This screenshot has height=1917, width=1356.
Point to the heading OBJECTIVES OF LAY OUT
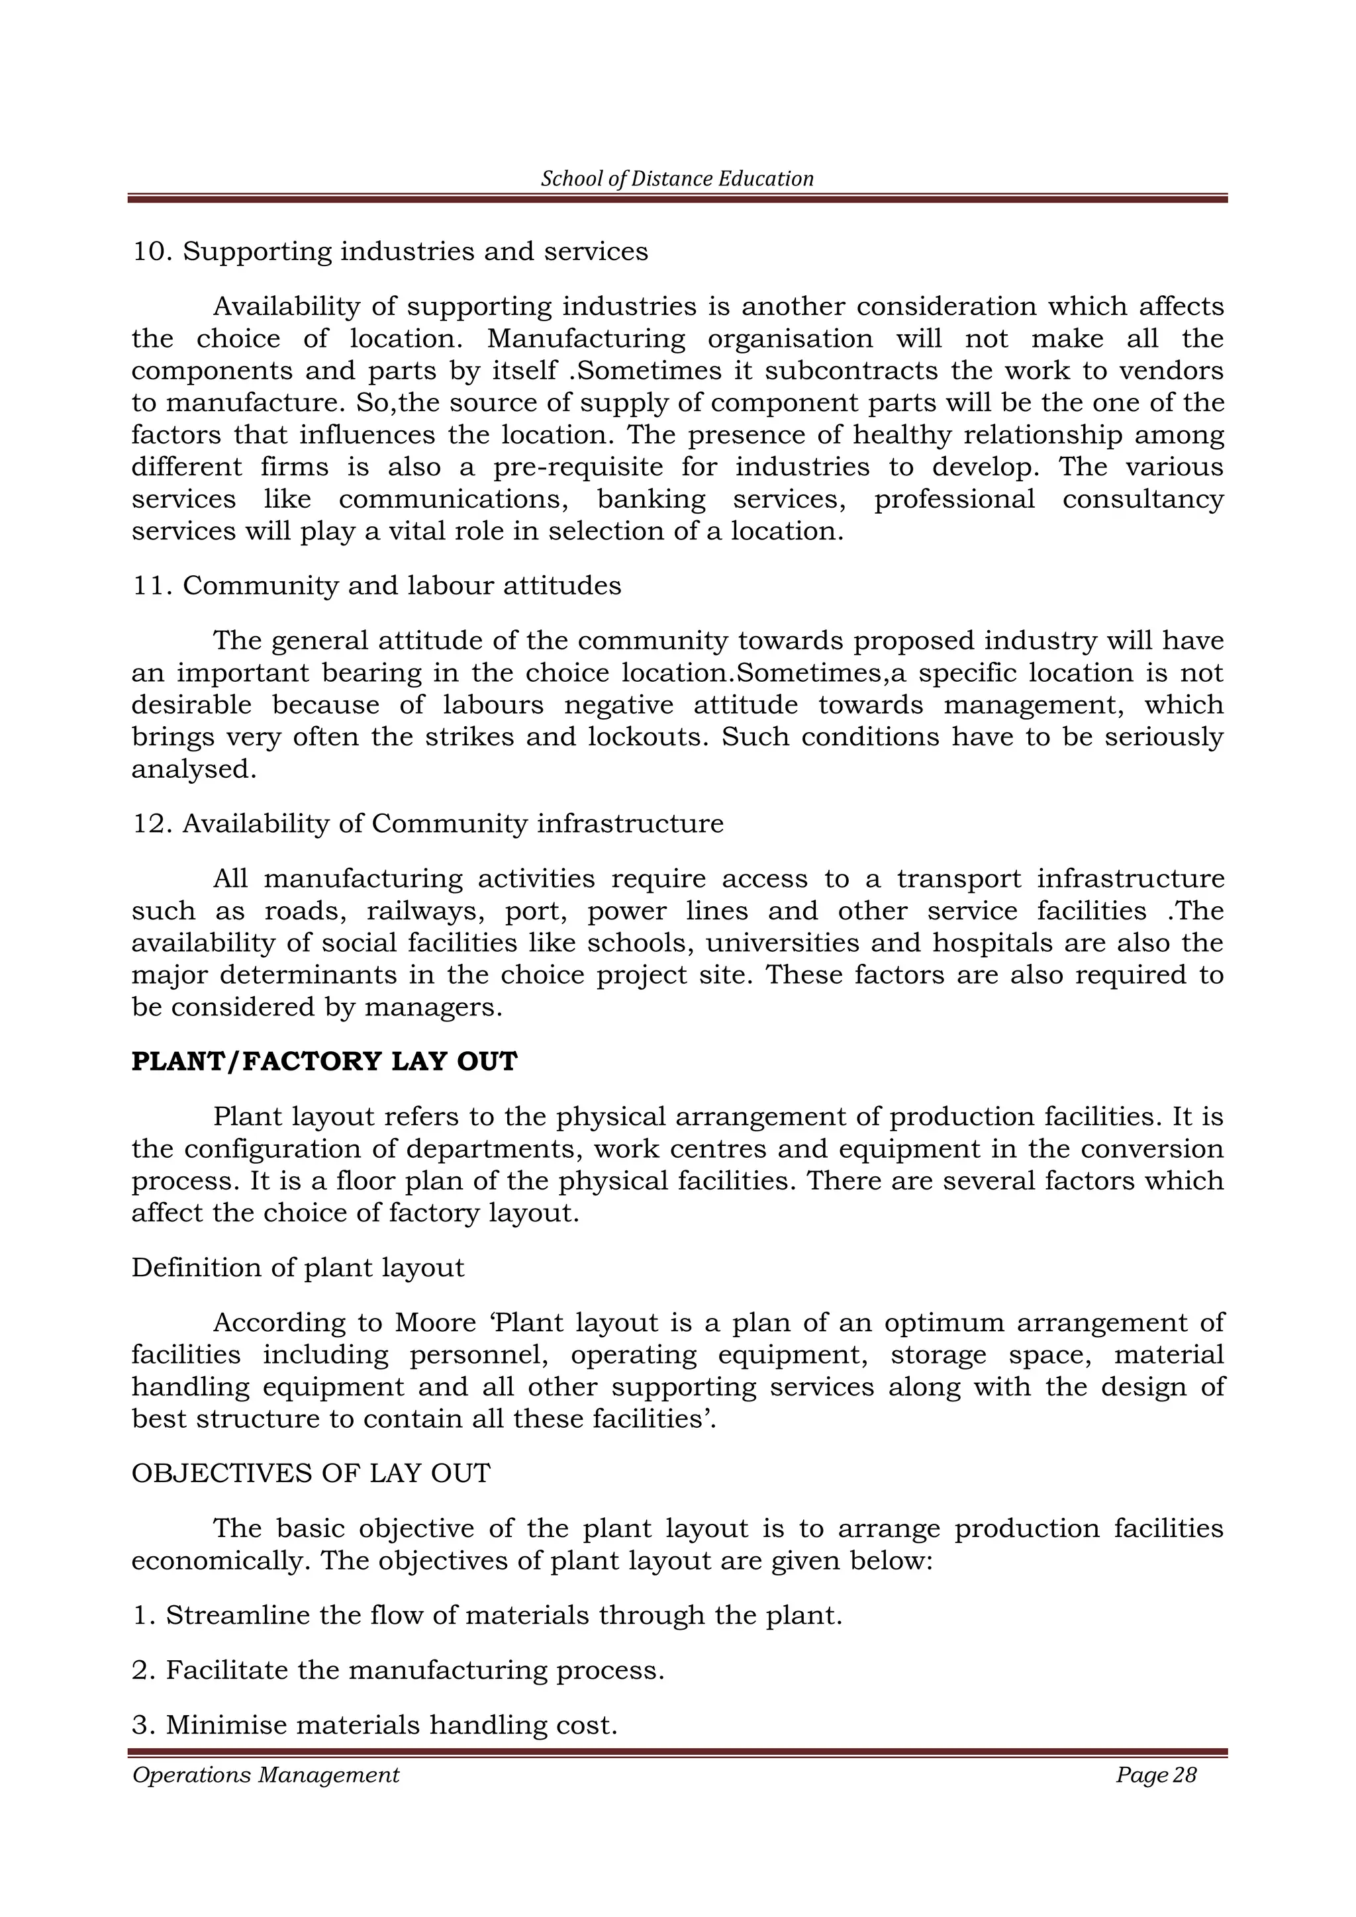point(311,1473)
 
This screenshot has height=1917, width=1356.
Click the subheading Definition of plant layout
point(297,1268)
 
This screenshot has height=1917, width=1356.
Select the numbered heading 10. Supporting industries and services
point(389,252)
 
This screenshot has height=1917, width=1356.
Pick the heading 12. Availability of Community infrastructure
point(428,823)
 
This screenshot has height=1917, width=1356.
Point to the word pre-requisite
point(579,467)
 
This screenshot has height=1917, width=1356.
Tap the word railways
point(425,911)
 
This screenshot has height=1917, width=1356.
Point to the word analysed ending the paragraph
point(194,769)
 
